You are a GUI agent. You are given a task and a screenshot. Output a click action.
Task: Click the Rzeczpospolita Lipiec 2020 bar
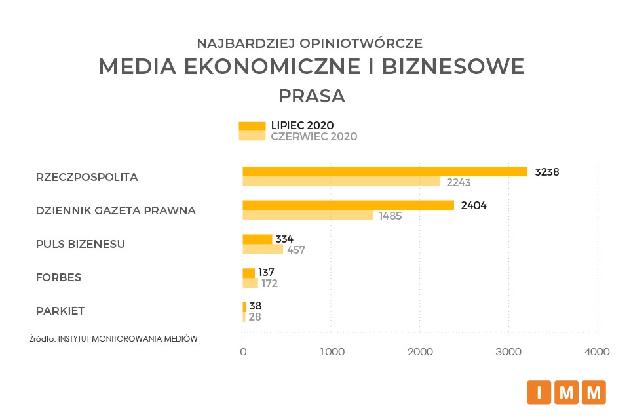(385, 171)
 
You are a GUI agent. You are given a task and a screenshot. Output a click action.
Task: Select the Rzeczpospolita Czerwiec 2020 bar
(341, 182)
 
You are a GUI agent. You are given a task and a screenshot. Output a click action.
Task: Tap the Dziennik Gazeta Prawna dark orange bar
(348, 205)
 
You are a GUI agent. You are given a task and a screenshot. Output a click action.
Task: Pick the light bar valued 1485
(307, 216)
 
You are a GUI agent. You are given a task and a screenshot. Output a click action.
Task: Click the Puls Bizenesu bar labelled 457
(263, 249)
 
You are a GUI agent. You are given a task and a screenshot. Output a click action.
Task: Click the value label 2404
(474, 205)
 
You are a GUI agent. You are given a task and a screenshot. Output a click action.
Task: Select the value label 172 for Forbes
(270, 283)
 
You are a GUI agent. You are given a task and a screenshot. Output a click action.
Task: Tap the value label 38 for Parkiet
(255, 306)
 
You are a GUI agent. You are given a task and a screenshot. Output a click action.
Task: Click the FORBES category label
(58, 277)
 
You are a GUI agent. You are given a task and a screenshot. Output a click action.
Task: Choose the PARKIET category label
(60, 311)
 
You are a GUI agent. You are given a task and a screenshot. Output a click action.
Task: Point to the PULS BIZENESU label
(81, 244)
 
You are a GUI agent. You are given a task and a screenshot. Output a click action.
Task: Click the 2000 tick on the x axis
(420, 352)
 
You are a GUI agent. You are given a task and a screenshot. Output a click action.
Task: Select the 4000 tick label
(597, 352)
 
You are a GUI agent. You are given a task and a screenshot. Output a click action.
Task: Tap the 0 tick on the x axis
(243, 352)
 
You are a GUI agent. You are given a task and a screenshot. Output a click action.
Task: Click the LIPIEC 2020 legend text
(303, 125)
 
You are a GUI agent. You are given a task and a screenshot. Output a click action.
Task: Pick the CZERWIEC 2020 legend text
(314, 136)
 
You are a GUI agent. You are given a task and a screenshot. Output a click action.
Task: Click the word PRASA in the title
(312, 96)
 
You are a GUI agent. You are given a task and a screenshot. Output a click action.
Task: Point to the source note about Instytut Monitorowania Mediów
(113, 338)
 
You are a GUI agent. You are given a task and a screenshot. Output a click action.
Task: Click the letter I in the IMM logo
(539, 393)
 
